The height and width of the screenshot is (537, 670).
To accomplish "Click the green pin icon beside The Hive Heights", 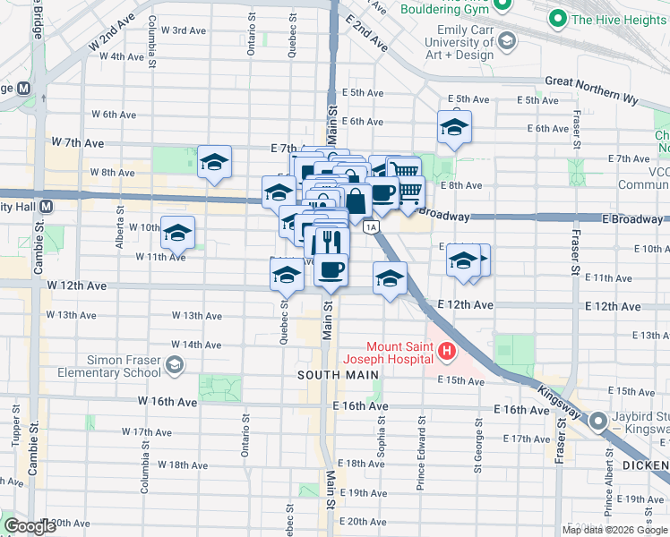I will (x=558, y=18).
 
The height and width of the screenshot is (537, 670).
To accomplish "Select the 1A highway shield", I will (x=370, y=226).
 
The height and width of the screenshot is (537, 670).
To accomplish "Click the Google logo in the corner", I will (x=30, y=525).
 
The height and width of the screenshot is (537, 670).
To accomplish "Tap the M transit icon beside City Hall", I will (x=45, y=206).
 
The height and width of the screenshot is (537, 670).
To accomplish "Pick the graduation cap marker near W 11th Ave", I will (x=177, y=233).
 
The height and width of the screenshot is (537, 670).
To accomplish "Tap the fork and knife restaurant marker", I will (x=331, y=243).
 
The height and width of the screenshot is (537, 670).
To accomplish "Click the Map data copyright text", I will (x=614, y=530).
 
